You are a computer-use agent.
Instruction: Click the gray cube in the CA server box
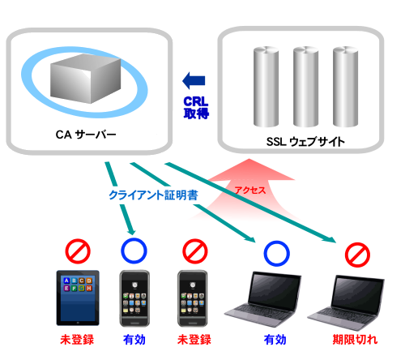point(86,79)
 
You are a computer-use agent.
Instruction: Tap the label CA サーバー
point(86,135)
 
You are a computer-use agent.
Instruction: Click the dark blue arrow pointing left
point(194,80)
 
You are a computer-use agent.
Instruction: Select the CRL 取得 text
point(196,108)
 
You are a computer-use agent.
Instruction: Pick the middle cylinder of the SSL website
point(305,87)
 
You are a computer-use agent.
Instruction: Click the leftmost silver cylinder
point(266,87)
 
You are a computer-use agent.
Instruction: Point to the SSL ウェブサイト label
point(305,141)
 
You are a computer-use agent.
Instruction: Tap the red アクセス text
point(250,191)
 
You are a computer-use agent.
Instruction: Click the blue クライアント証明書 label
point(153,195)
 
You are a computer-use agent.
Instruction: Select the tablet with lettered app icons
point(78,298)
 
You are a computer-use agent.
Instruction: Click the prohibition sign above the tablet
point(78,251)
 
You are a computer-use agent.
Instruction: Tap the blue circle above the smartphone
point(134,251)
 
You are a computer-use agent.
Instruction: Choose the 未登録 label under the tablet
point(77,340)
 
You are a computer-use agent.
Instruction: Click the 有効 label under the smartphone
point(134,340)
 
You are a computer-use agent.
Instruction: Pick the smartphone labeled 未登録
point(193,298)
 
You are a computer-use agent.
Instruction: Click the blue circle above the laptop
point(276,254)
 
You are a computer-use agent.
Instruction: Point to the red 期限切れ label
point(355,340)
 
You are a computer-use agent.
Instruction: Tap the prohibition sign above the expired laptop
point(357,255)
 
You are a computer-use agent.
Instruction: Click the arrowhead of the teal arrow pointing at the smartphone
point(131,231)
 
